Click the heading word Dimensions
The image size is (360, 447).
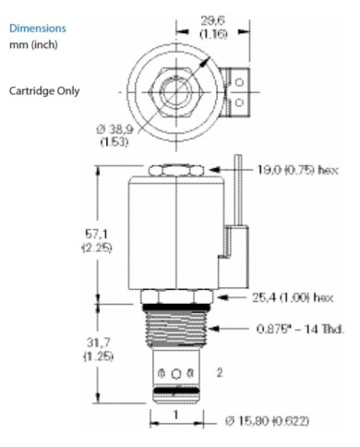(x=38, y=28)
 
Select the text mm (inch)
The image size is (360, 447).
(x=36, y=46)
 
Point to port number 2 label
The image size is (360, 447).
(x=220, y=373)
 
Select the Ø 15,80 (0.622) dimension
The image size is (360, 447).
(x=277, y=422)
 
